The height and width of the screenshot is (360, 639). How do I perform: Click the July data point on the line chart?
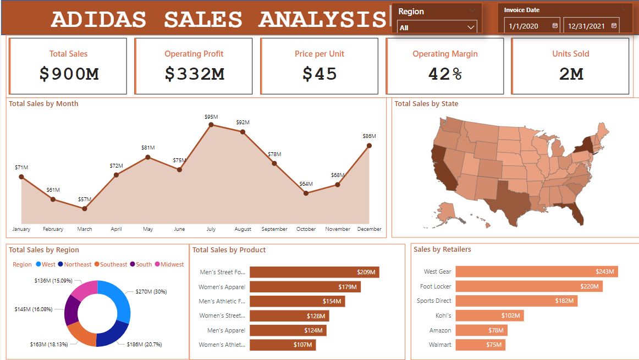(211, 125)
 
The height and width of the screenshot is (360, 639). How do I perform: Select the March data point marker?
(85, 209)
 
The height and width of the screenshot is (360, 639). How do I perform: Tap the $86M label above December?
(369, 136)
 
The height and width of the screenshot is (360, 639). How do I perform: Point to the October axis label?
(305, 229)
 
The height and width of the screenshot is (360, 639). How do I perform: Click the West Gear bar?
(537, 272)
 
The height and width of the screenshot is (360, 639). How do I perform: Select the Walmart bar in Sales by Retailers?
(480, 345)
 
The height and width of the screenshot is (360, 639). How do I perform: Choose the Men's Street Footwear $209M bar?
(314, 272)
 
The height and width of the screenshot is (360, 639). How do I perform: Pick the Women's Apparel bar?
(305, 286)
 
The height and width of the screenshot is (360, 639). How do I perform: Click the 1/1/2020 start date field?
(527, 26)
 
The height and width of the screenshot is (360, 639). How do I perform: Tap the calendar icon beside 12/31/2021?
(614, 26)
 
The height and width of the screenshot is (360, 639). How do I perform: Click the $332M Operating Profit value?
(195, 74)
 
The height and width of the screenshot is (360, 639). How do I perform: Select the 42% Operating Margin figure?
(445, 74)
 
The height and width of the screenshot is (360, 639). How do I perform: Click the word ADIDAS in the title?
(98, 20)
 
